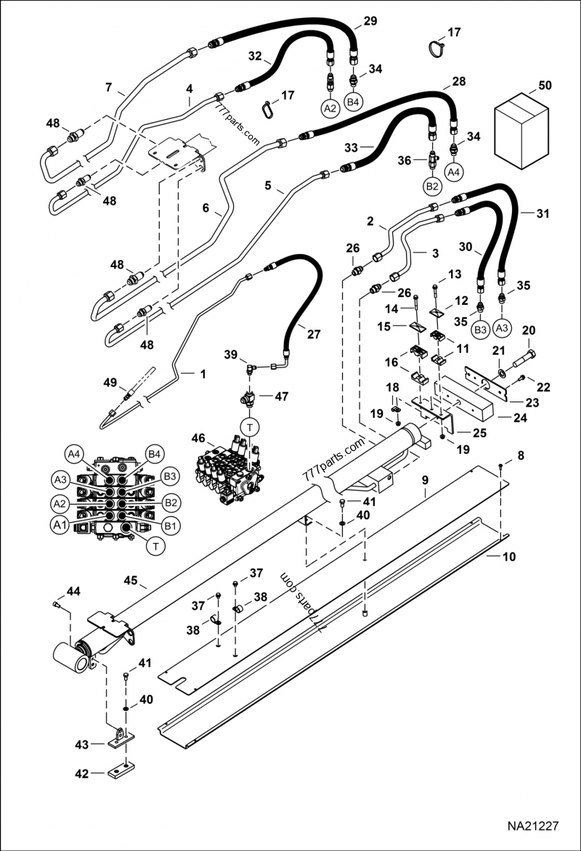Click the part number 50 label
(545, 86)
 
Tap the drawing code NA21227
(532, 826)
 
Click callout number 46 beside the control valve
(198, 438)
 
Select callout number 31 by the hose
(543, 213)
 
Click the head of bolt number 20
(533, 356)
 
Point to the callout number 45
(131, 581)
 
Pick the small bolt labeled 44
(57, 604)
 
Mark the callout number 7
(109, 89)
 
